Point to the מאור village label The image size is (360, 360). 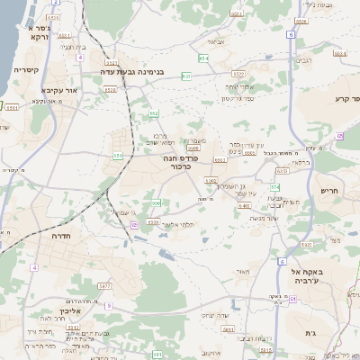pos(239,271)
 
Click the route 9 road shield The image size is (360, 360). pos(109,306)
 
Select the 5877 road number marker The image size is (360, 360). pos(104,285)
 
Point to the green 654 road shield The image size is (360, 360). pos(203,58)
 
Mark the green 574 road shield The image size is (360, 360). pos(274,186)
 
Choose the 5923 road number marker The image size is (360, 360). pos(306,245)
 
